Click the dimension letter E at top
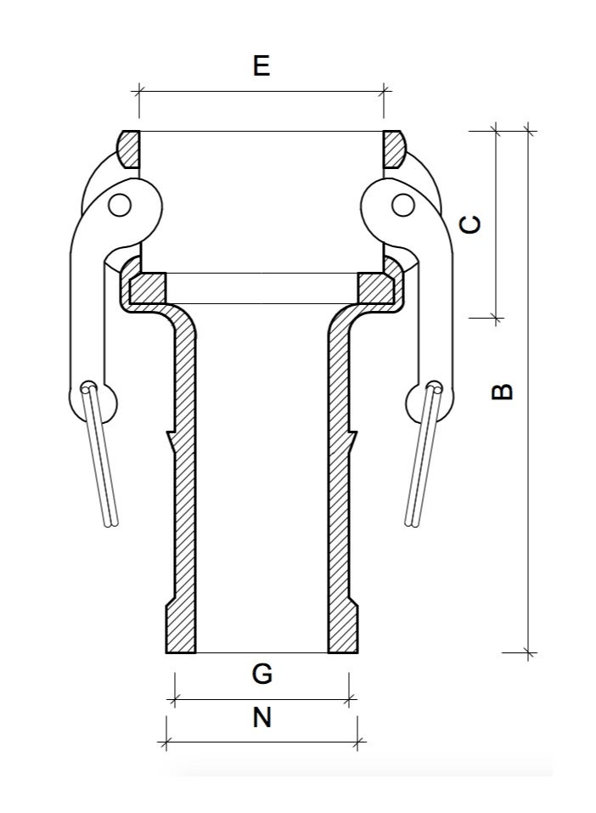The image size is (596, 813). tap(261, 65)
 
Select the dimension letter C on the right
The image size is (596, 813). tap(469, 224)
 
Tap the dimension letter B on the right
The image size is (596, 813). tap(503, 391)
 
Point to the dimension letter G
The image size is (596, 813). tap(262, 674)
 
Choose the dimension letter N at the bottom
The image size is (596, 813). tap(262, 718)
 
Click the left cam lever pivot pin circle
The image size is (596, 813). tap(119, 205)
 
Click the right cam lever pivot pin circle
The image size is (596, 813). tap(404, 205)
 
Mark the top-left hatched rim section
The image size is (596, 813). tap(128, 149)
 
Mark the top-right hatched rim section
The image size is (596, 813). tap(394, 149)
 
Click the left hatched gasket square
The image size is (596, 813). tap(149, 288)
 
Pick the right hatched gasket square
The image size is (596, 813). tap(374, 288)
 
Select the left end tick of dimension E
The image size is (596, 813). tap(139, 91)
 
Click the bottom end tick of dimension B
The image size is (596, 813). tap(529, 653)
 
